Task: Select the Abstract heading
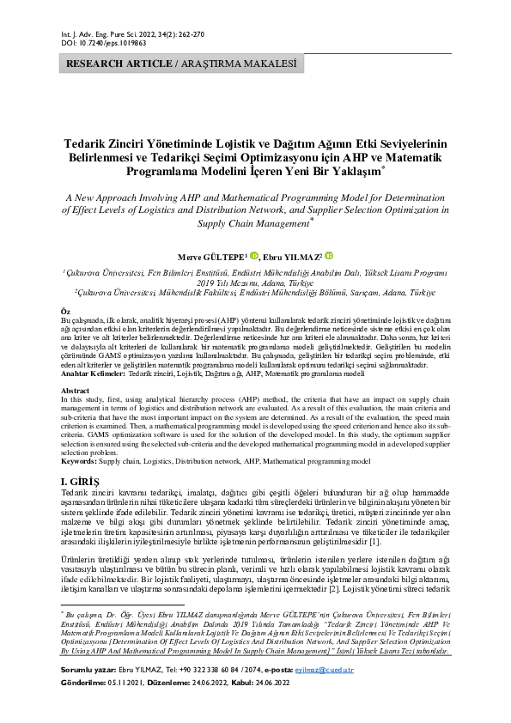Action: pos(76,389)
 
